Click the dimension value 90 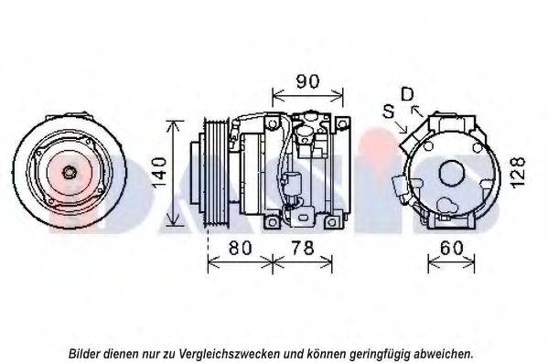pyautogui.click(x=307, y=81)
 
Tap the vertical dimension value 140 pyautogui.click(x=159, y=173)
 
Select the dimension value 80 pyautogui.click(x=240, y=248)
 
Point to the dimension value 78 pyautogui.click(x=302, y=248)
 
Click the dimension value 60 pyautogui.click(x=451, y=248)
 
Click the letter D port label pyautogui.click(x=407, y=94)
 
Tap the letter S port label pyautogui.click(x=389, y=112)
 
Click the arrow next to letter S pyautogui.click(x=402, y=127)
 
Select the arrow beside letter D pyautogui.click(x=417, y=111)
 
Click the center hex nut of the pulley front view pyautogui.click(x=69, y=172)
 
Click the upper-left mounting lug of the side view pyautogui.click(x=272, y=123)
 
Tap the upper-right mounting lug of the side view pyautogui.click(x=343, y=123)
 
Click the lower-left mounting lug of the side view pyautogui.click(x=272, y=221)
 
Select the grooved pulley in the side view pyautogui.click(x=217, y=173)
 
